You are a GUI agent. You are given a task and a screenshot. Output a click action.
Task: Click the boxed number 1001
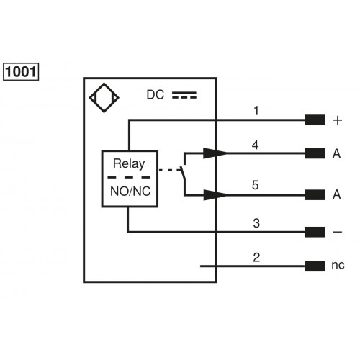coord(22,72)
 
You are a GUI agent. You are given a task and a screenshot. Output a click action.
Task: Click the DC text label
coord(156,95)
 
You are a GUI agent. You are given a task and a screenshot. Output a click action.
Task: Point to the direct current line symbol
coord(184,95)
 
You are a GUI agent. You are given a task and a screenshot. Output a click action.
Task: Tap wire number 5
coord(256,185)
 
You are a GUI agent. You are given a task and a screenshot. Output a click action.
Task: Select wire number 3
coord(256,222)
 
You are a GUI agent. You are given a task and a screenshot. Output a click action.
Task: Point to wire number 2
coord(256,256)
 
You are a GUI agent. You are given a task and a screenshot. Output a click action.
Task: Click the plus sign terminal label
coord(337,120)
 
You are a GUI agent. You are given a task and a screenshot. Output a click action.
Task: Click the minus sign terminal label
coord(337,232)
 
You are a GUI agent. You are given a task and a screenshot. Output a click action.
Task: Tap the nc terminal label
coord(338,266)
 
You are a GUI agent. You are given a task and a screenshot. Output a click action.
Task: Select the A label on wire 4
coord(337,153)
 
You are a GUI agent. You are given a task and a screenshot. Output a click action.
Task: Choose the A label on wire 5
coord(337,195)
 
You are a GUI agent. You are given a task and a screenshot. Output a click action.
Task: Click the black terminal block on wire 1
coord(314,120)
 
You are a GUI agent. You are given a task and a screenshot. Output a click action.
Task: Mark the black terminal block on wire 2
coord(314,266)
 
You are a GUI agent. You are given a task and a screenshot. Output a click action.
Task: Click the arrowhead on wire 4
coord(215,153)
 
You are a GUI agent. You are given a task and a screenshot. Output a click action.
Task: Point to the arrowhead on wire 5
coord(215,194)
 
